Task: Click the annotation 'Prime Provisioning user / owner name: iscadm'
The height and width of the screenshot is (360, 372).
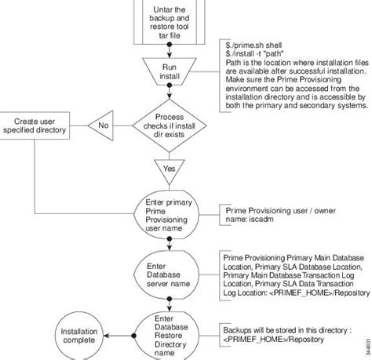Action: click(274, 216)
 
